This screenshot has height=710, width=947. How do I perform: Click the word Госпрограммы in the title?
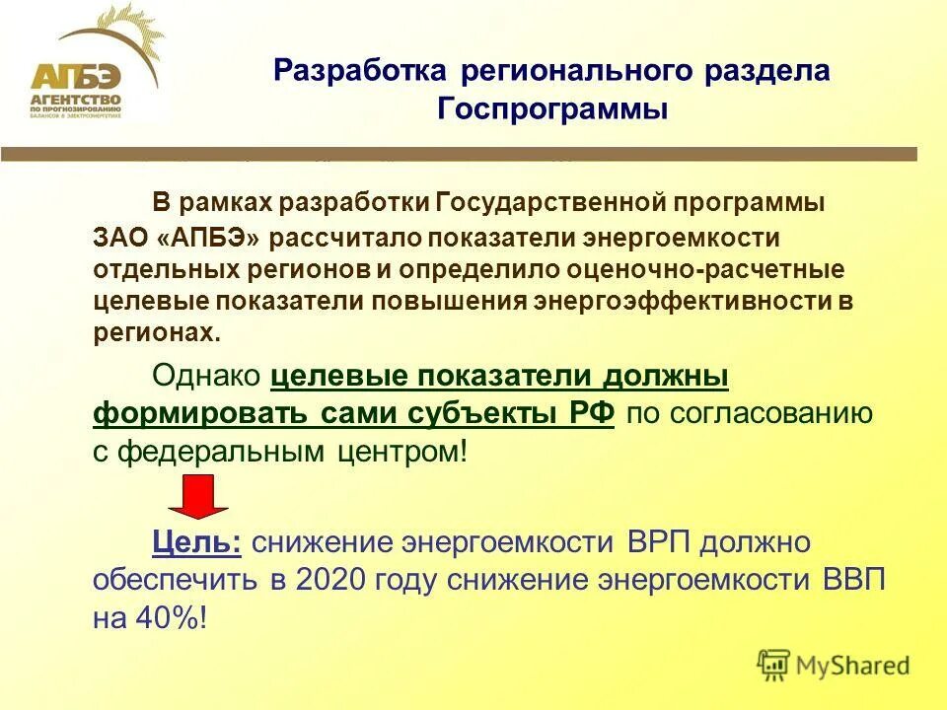[551, 109]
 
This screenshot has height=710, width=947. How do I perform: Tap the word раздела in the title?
[770, 71]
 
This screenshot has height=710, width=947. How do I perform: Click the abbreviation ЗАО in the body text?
[119, 238]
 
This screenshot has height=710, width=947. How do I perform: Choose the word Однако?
[206, 379]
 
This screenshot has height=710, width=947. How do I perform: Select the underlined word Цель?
[197, 541]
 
